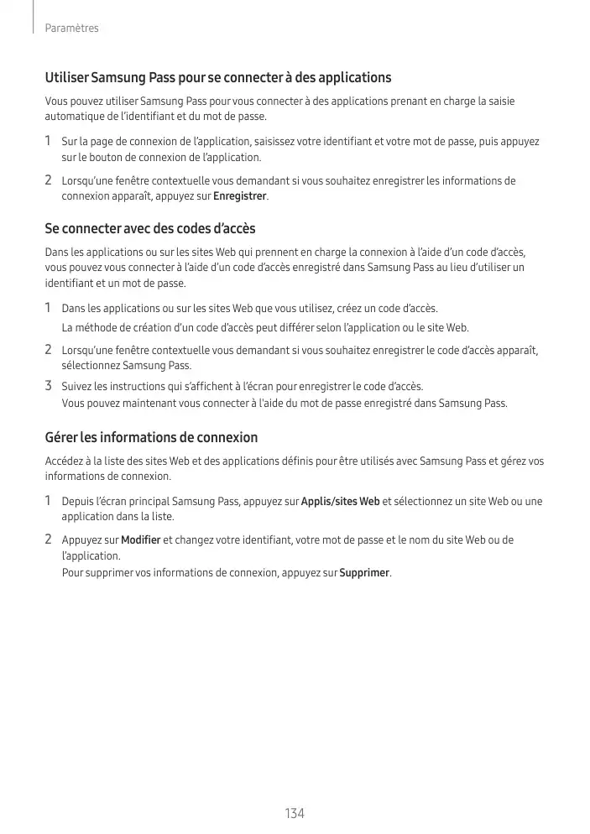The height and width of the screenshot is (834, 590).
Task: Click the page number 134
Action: click(294, 813)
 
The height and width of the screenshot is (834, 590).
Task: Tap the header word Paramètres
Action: click(72, 29)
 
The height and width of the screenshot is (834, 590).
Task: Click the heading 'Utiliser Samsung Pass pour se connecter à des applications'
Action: click(218, 78)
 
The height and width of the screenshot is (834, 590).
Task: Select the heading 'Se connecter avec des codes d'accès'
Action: click(150, 229)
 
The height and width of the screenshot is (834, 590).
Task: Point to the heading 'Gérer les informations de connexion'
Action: click(151, 438)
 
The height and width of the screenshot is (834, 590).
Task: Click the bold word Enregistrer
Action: click(240, 196)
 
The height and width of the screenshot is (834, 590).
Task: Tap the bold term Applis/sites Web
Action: click(340, 502)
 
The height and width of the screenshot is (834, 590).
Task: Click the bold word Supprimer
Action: click(364, 573)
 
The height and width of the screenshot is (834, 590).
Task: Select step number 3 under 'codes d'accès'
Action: click(49, 386)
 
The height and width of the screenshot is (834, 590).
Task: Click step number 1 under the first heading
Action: click(49, 141)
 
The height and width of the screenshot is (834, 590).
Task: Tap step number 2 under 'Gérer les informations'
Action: click(49, 539)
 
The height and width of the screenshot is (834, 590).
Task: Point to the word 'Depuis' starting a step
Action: click(78, 502)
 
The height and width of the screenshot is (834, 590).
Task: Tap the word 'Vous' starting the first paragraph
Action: click(56, 102)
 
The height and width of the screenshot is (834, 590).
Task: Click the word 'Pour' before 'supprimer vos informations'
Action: click(73, 573)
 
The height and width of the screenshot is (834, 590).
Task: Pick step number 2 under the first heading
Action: click(49, 180)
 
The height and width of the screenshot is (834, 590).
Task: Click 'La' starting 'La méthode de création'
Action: click(67, 327)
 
